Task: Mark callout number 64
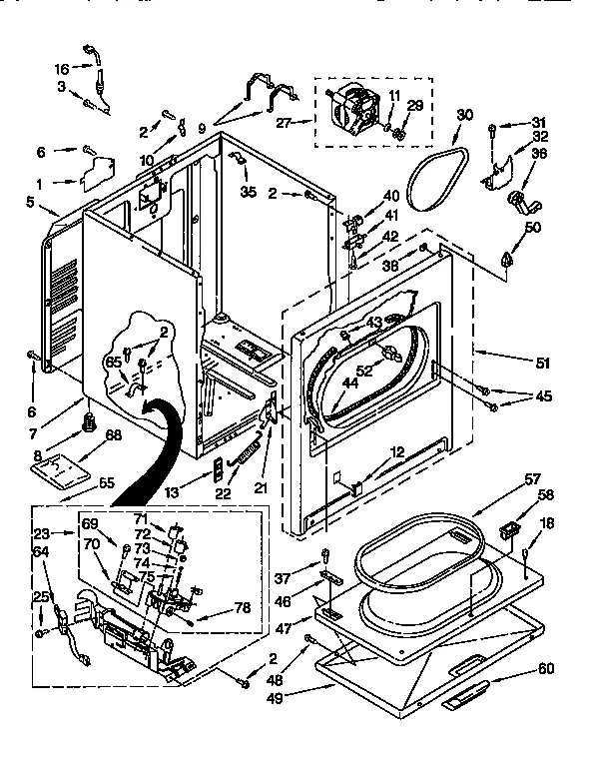click(x=41, y=550)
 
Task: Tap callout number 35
click(x=247, y=192)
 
